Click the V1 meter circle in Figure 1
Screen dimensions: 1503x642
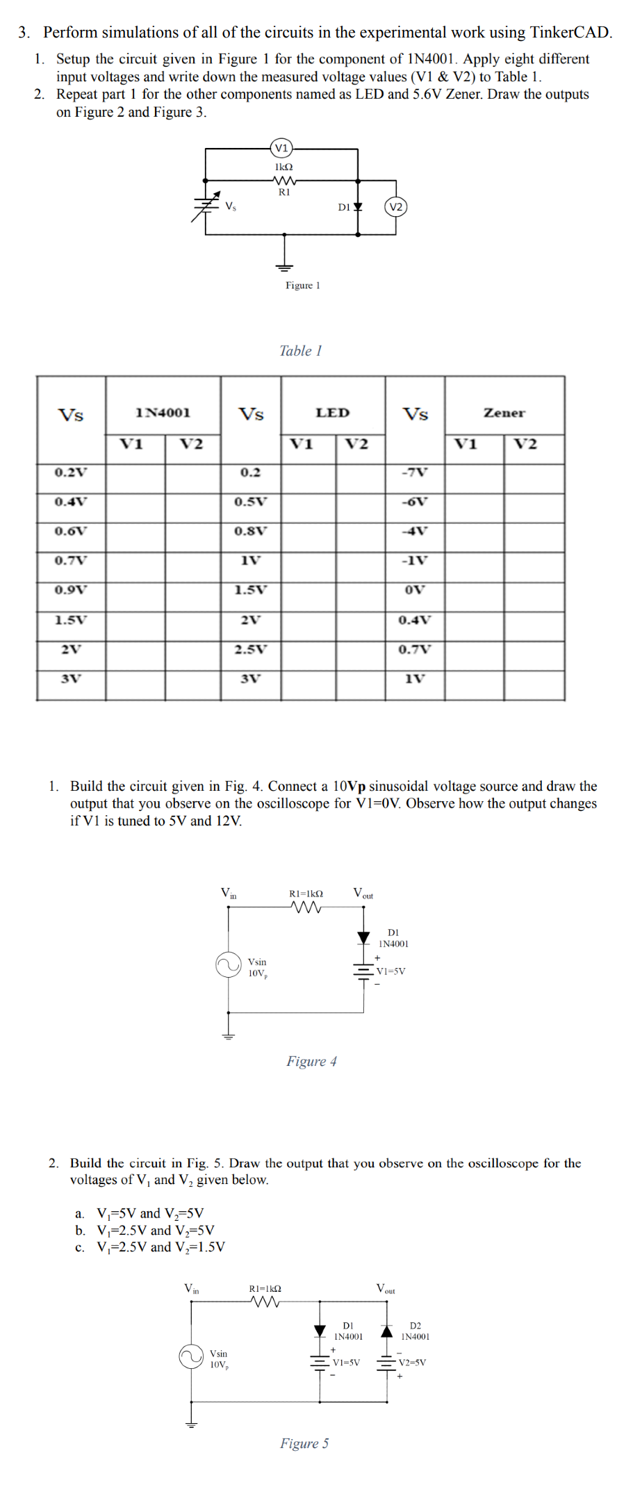281,147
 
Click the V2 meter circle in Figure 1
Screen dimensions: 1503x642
395,207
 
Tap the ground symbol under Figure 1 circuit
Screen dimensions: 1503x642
284,266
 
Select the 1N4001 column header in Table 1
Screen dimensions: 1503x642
163,413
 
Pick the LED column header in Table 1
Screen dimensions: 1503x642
332,413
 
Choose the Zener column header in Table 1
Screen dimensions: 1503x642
504,413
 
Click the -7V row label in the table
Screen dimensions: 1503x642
415,473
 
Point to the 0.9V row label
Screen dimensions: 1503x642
71,590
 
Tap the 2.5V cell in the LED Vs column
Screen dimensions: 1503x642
250,650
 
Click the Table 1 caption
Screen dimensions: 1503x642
300,351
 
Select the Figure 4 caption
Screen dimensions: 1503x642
311,1061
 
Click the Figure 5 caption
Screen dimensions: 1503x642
304,1443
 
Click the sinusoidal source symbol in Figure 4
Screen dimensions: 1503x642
228,965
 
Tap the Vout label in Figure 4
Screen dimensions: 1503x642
363,894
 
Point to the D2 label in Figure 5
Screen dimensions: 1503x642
415,1326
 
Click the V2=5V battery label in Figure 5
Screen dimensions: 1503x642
412,1363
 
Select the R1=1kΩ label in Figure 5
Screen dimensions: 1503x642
265,1289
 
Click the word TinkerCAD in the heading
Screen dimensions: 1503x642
570,32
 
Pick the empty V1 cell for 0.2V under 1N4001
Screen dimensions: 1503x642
135,473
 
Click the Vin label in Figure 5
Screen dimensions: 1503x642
191,1289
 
